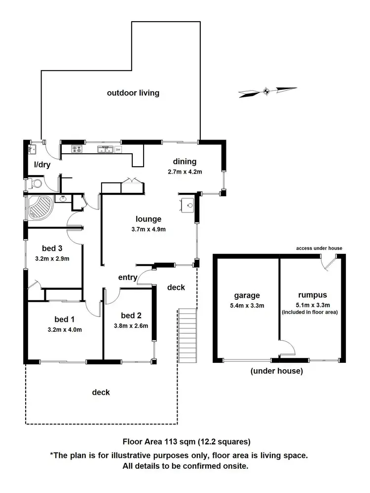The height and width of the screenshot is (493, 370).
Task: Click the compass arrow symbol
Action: [267, 90]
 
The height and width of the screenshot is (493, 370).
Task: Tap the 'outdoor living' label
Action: [133, 93]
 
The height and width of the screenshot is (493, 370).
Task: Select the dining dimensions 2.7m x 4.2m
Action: [185, 172]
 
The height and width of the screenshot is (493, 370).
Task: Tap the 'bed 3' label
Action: [51, 248]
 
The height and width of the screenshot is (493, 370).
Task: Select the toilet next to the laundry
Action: [36, 183]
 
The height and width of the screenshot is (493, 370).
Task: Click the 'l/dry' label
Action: [42, 165]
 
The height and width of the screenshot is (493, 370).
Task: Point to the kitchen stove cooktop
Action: [77, 148]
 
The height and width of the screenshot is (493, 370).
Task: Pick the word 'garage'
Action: [247, 296]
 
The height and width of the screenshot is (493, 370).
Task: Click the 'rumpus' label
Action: [308, 296]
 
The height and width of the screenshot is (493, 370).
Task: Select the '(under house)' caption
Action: [276, 371]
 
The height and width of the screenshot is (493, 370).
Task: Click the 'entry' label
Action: [128, 278]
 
